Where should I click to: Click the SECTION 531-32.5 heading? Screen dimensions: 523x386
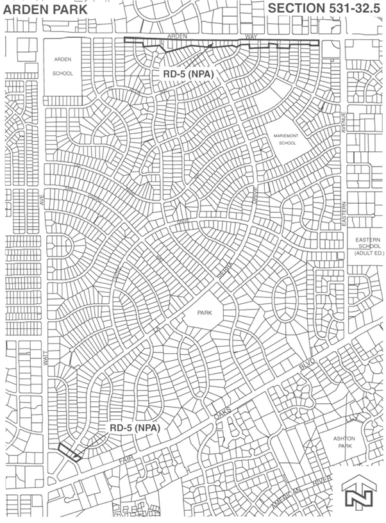[x=324, y=8]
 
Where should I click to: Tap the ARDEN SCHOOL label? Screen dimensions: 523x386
[x=63, y=66]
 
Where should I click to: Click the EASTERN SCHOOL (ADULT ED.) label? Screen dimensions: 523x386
[x=367, y=248]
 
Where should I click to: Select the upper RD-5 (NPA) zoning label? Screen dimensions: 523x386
[x=185, y=73]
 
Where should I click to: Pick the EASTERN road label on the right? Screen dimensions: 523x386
[x=343, y=214]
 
